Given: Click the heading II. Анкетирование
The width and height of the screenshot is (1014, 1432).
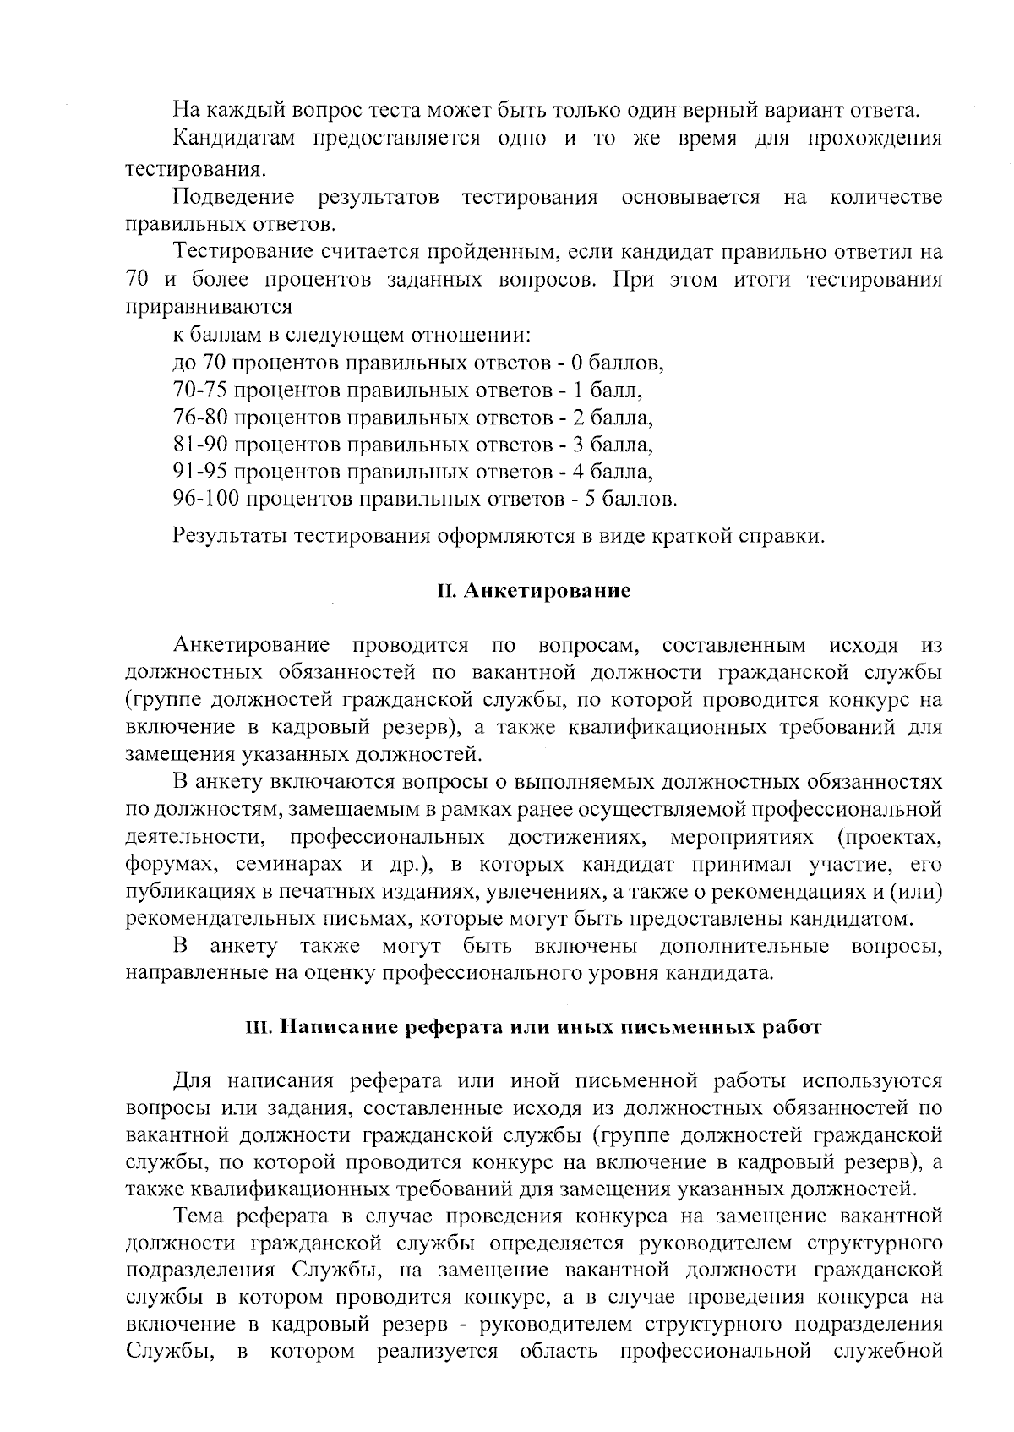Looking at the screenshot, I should coord(534,590).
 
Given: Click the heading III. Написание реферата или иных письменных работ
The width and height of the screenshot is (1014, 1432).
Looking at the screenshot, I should coord(532,1027).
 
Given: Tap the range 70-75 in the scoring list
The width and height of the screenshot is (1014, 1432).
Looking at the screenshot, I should coord(200,391).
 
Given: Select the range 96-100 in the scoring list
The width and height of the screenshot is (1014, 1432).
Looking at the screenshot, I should coord(206,499).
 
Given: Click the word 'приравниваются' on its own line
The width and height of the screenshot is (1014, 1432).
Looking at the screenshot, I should coord(209,307).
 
